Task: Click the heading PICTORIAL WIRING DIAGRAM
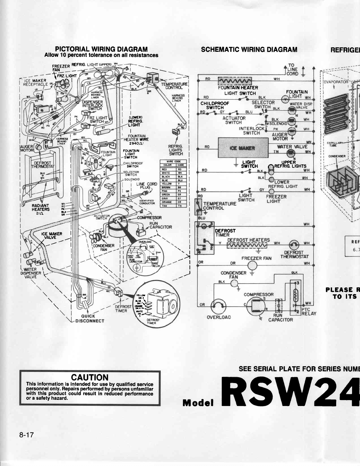(x=101, y=49)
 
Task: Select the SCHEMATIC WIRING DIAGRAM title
(x=249, y=49)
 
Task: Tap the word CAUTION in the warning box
(x=90, y=378)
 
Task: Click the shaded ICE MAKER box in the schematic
(x=243, y=148)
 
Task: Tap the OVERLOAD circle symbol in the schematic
(x=218, y=306)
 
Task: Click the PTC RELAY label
(x=309, y=312)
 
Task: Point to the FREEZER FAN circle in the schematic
(x=252, y=265)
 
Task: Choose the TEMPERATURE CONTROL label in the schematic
(x=219, y=206)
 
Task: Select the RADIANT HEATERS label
(x=41, y=207)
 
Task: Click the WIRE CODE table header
(x=173, y=161)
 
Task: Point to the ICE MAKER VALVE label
(x=51, y=236)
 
